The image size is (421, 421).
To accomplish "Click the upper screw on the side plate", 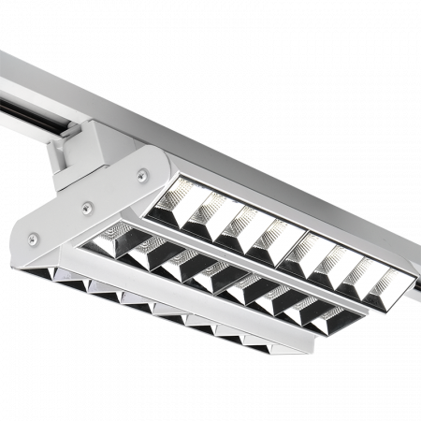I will pos(141,172).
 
